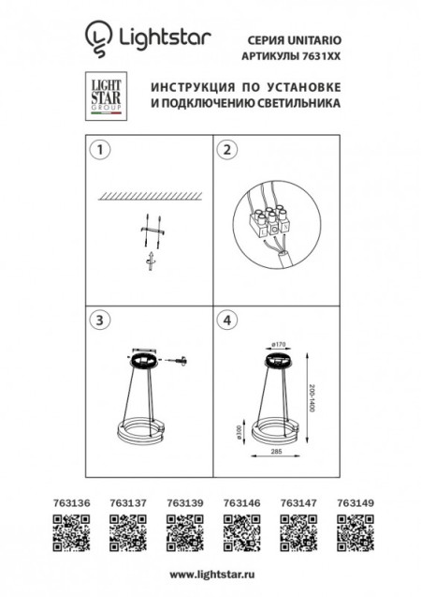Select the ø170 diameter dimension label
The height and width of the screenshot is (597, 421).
(x=278, y=343)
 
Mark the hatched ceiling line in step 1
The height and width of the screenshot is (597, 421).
(x=149, y=196)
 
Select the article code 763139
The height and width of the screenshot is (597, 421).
(x=181, y=502)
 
